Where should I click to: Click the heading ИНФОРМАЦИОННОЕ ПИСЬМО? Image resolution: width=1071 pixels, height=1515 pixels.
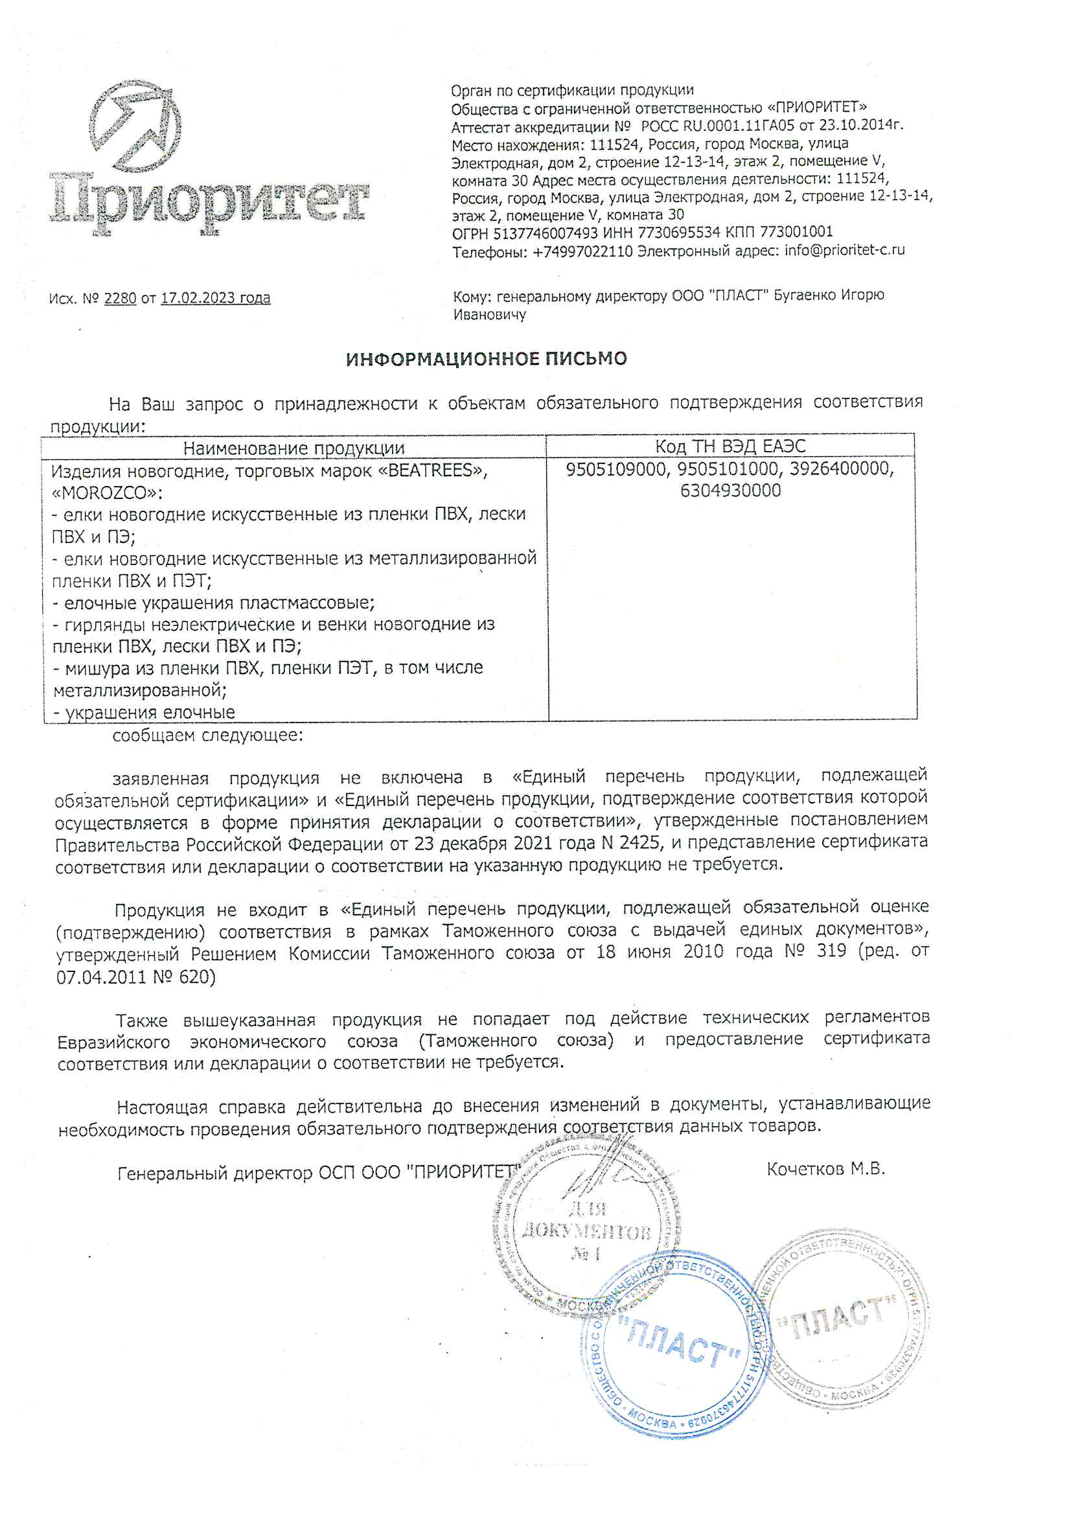point(487,358)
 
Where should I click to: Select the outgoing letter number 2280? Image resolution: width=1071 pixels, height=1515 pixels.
point(120,298)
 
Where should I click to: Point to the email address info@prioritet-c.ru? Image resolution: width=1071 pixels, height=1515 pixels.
point(844,250)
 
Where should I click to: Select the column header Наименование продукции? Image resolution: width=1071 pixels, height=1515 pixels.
point(294,448)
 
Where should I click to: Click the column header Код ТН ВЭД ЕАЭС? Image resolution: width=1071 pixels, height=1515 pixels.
point(730,446)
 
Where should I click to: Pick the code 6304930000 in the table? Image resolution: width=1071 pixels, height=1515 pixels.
point(730,491)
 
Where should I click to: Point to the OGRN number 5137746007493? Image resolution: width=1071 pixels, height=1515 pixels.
point(545,233)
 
